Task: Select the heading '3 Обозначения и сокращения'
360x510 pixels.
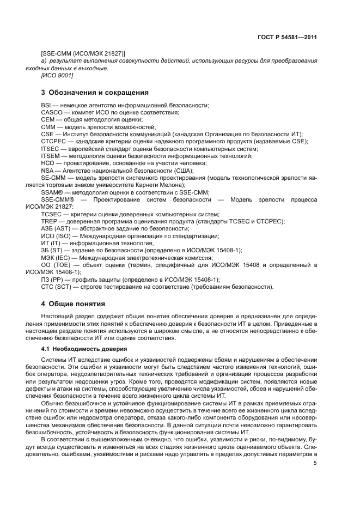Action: coord(95,92)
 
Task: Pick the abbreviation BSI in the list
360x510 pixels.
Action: coord(46,105)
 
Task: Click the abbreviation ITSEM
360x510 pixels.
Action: coord(50,156)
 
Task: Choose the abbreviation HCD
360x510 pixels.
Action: coord(47,163)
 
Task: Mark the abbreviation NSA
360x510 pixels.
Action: coord(47,171)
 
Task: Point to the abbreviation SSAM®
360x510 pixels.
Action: coord(52,192)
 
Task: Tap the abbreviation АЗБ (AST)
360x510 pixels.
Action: coord(55,229)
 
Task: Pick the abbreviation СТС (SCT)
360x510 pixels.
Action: coord(57,287)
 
